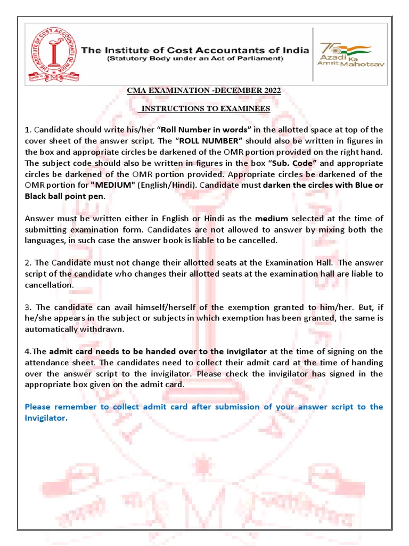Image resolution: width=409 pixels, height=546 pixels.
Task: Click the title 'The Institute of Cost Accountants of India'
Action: coord(195,50)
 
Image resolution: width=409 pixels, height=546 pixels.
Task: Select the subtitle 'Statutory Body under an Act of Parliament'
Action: coord(195,58)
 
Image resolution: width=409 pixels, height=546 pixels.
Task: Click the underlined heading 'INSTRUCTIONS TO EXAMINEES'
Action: coord(205,109)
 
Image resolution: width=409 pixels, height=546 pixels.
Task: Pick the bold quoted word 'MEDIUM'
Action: coord(113,186)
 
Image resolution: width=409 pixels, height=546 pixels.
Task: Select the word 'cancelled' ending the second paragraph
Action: coord(259,240)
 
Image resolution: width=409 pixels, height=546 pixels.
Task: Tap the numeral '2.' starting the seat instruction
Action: coord(28,263)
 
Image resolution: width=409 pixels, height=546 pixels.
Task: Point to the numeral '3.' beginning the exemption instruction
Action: coord(28,307)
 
